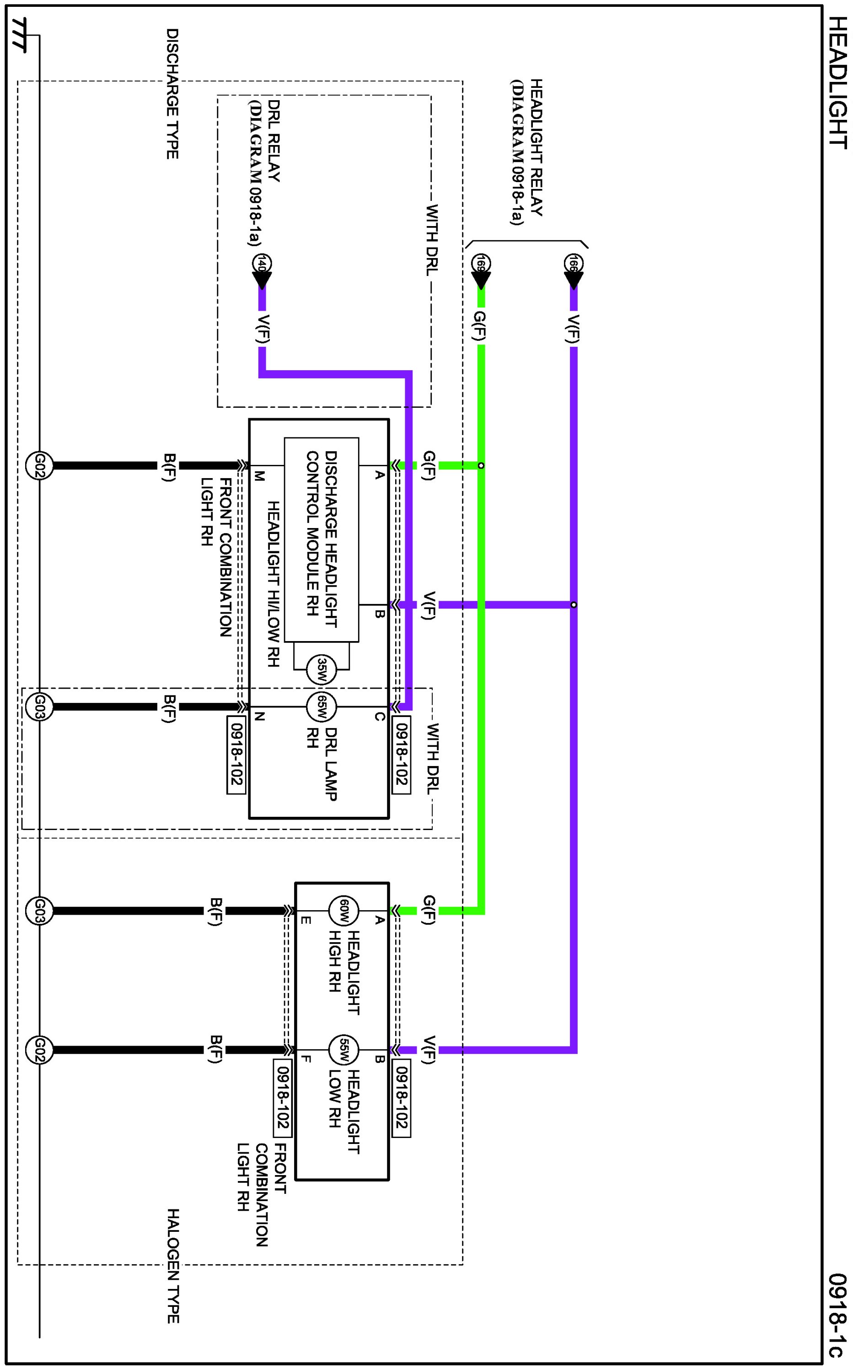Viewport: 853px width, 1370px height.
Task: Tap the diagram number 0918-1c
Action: click(x=838, y=1314)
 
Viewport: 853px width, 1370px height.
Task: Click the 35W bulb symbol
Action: click(x=322, y=670)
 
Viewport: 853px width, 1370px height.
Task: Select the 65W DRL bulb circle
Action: click(x=322, y=707)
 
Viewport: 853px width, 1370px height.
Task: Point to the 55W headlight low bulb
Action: click(x=344, y=1050)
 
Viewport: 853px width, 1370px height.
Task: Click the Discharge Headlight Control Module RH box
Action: click(x=322, y=539)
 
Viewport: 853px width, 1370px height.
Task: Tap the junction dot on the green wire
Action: click(x=481, y=465)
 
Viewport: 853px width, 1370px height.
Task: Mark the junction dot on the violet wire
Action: click(x=574, y=605)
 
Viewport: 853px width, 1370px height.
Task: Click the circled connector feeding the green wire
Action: click(x=481, y=264)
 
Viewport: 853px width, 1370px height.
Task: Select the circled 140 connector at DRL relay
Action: click(x=262, y=264)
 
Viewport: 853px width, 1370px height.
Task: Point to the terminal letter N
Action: click(x=259, y=717)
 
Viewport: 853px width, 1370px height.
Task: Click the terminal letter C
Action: click(x=380, y=717)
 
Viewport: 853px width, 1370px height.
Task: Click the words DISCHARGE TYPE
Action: click(x=172, y=94)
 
